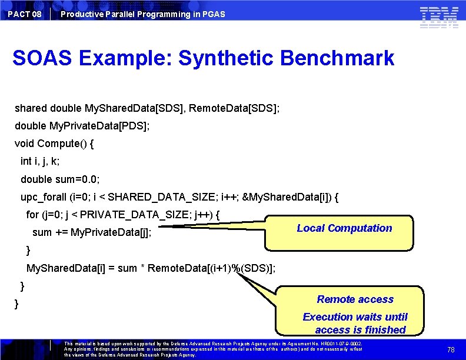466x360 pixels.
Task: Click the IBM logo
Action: [439, 17]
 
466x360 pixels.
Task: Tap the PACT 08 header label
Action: [25, 14]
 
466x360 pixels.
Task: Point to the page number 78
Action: [451, 349]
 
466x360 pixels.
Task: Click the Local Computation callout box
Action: [344, 228]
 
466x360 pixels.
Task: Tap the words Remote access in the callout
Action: [355, 299]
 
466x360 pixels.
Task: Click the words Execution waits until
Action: [355, 317]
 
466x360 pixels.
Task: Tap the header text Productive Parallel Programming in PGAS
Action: [142, 14]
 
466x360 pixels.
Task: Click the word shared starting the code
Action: [31, 109]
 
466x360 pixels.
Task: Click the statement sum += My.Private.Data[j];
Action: [92, 232]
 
